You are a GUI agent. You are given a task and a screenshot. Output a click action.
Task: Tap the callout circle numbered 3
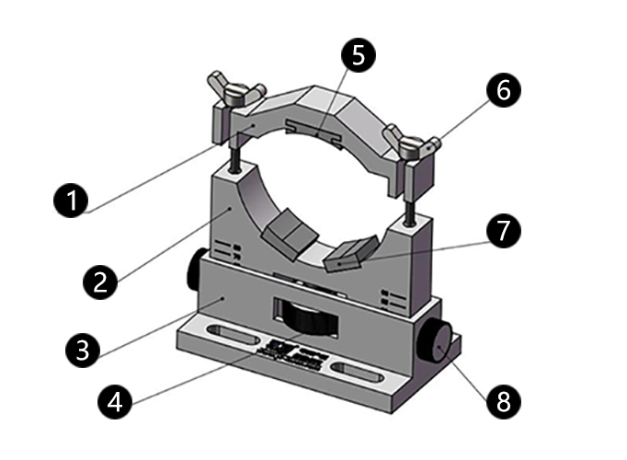pyautogui.click(x=82, y=349)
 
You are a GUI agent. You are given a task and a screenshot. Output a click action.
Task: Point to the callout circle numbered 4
pyautogui.click(x=114, y=401)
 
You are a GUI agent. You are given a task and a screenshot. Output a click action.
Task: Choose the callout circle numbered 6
pyautogui.click(x=505, y=90)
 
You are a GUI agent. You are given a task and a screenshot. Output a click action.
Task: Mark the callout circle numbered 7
pyautogui.click(x=503, y=232)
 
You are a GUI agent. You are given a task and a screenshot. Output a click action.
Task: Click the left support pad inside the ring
pyautogui.click(x=284, y=231)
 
